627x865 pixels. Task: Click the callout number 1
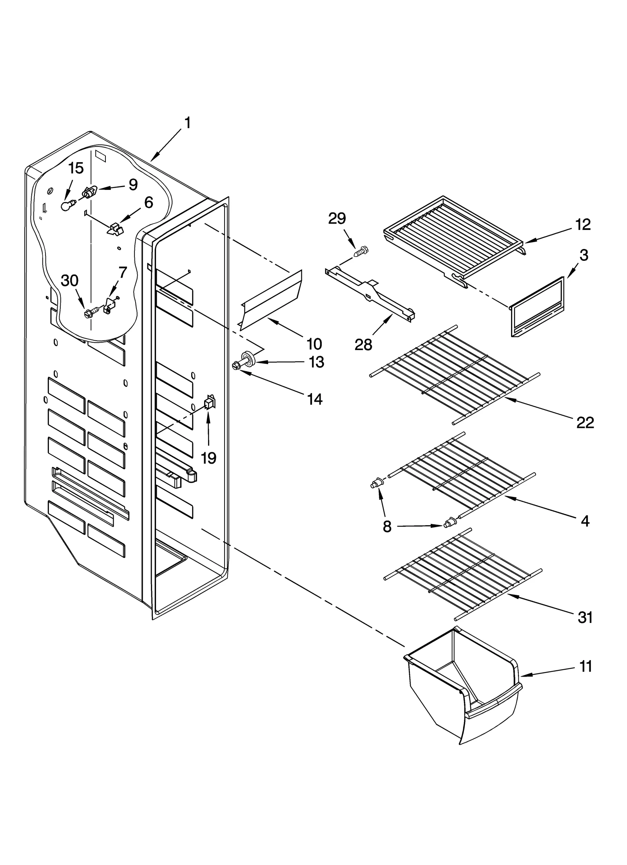coord(188,123)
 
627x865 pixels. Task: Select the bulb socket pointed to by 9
coord(90,193)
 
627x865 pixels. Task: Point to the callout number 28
coord(363,345)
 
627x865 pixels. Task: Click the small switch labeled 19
coord(210,402)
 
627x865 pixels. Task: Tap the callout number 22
coord(585,423)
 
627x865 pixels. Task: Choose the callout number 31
coord(585,617)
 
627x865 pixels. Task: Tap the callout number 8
coord(387,527)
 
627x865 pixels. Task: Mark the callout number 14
coord(315,399)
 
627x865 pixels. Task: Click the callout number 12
coord(583,224)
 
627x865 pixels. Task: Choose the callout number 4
coord(585,521)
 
